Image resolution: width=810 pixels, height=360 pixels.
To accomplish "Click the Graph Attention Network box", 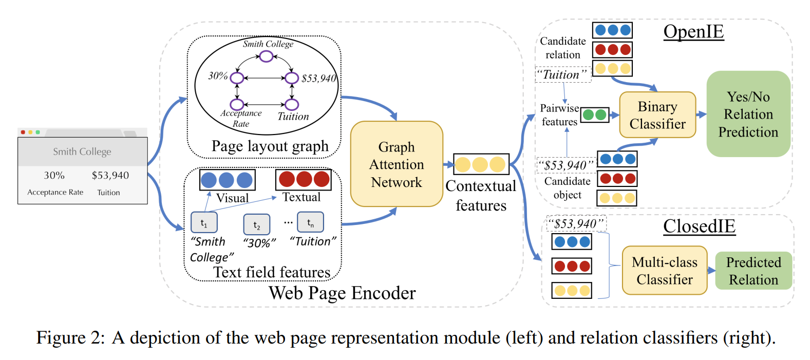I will tap(397, 164).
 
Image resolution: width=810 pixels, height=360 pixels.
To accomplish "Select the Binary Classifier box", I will tap(657, 115).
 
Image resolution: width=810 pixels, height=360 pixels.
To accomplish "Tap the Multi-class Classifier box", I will tap(665, 271).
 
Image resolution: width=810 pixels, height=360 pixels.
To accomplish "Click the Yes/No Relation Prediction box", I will tap(748, 114).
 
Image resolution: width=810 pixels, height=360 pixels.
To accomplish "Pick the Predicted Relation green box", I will tap(754, 271).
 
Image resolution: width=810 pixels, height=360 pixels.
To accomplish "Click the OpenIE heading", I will tap(693, 31).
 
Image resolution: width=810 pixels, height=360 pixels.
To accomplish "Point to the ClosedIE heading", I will tap(699, 226).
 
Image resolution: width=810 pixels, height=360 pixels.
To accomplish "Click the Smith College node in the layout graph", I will tap(266, 56).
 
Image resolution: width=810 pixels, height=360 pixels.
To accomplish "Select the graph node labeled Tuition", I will tap(292, 105).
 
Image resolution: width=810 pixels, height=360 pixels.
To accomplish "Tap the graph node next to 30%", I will tap(237, 78).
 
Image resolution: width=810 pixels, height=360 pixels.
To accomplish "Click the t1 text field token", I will tap(204, 223).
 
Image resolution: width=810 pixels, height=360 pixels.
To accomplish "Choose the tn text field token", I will tap(310, 222).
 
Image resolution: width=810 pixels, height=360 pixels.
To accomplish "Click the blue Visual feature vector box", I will tap(227, 180).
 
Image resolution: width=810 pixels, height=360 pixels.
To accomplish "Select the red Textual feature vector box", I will tap(304, 179).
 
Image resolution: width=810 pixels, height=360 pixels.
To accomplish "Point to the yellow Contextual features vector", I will tap(481, 164).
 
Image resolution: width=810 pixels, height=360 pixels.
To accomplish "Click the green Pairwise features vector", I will tap(595, 115).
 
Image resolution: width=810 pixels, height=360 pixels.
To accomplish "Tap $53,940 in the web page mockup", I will tap(110, 175).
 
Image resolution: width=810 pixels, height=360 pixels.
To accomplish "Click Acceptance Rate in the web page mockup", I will tap(55, 192).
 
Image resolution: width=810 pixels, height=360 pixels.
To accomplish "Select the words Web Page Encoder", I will tap(342, 293).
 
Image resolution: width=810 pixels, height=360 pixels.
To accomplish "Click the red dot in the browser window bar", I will tap(23, 132).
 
